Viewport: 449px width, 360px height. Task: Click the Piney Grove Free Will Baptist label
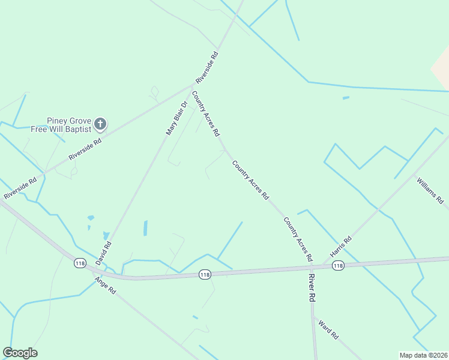(69, 124)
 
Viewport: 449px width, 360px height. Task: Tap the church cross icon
(100, 124)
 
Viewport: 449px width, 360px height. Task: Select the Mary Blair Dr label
(176, 117)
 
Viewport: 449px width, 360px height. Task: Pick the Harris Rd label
(340, 247)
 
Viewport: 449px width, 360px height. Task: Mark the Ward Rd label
(329, 329)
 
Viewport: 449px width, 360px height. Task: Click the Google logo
(20, 353)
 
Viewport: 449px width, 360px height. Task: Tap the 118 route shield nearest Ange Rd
(80, 263)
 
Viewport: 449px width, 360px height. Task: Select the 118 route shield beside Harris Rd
(338, 265)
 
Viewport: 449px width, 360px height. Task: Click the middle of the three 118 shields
(205, 274)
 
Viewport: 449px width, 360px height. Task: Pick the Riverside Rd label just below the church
(85, 148)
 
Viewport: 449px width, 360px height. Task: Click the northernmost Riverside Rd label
(206, 67)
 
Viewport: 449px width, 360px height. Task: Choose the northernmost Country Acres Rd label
(205, 113)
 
